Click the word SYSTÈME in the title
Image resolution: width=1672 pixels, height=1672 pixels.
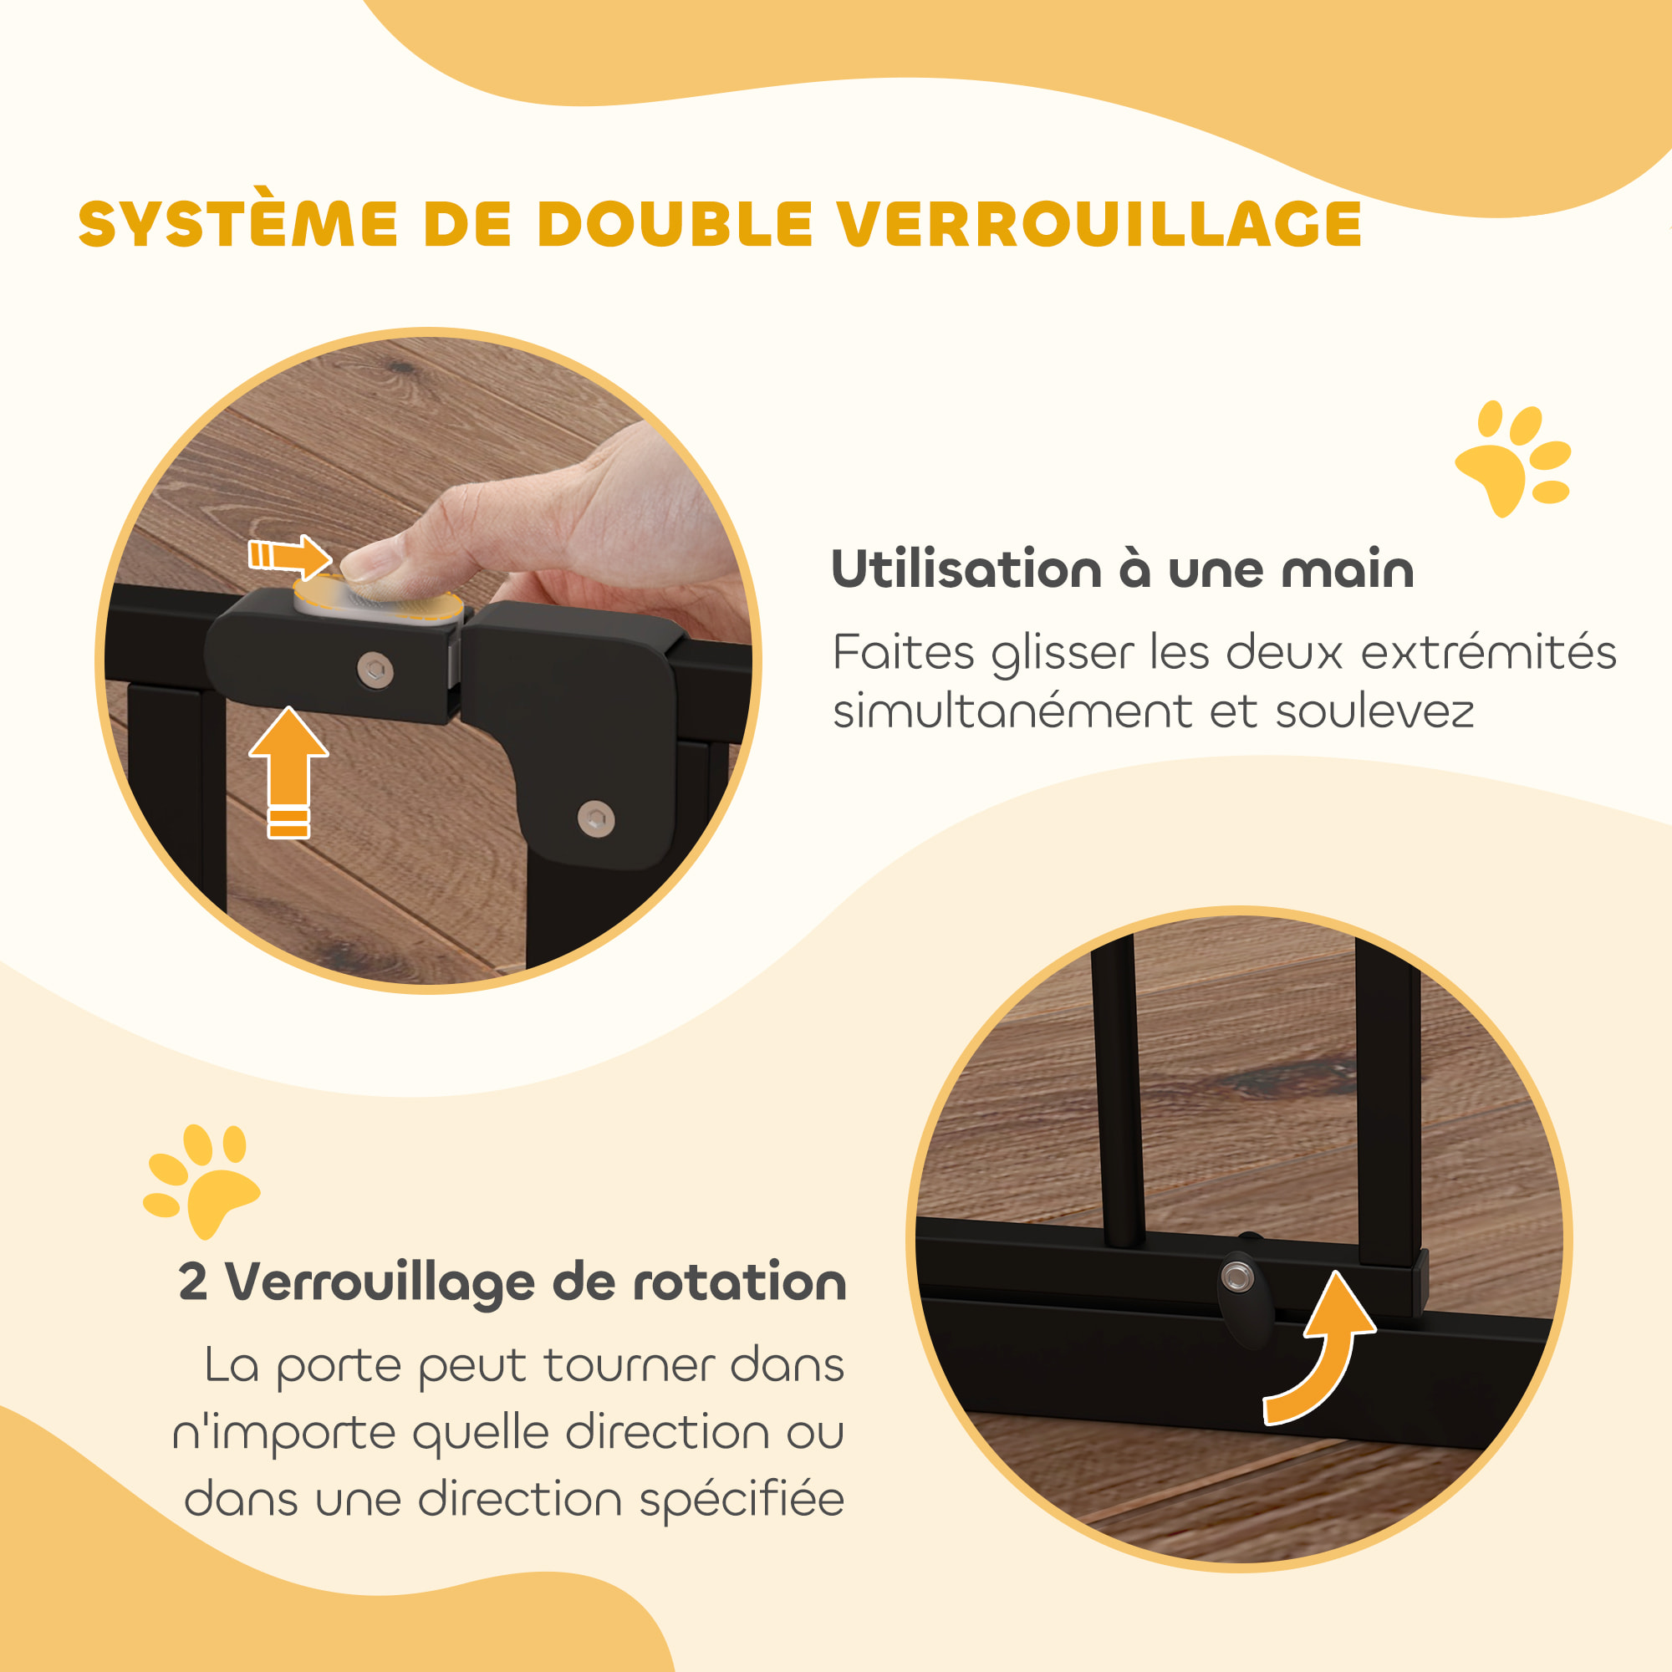(237, 225)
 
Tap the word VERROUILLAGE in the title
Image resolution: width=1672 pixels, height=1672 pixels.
(1099, 225)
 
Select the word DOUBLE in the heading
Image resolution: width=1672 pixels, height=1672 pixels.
(674, 225)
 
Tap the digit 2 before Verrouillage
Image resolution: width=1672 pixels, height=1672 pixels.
(192, 1282)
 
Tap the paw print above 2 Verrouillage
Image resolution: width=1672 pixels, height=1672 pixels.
(201, 1180)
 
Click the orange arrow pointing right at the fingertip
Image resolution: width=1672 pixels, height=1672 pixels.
(290, 556)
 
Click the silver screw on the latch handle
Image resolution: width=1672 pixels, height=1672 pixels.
(375, 670)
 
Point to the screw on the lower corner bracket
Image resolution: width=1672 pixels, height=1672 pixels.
(595, 818)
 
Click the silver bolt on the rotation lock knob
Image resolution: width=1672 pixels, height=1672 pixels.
(1237, 1276)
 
